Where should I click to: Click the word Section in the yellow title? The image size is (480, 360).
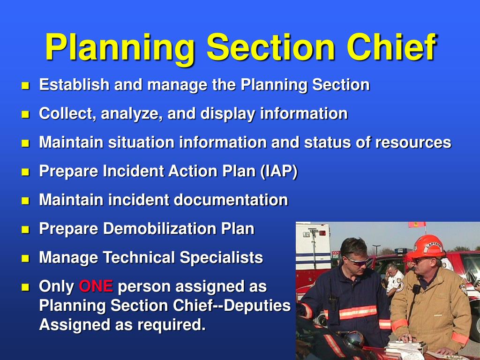click(x=271, y=48)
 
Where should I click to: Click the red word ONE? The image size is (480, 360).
click(x=96, y=286)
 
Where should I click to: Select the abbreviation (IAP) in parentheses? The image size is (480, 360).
click(x=279, y=171)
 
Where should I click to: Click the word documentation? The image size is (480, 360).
click(x=231, y=200)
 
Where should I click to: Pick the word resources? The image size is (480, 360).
click(x=413, y=142)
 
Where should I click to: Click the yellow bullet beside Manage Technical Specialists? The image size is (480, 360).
click(x=25, y=258)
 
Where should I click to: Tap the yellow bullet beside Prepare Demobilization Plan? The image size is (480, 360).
click(x=25, y=230)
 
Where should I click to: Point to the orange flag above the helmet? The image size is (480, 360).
click(x=417, y=225)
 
